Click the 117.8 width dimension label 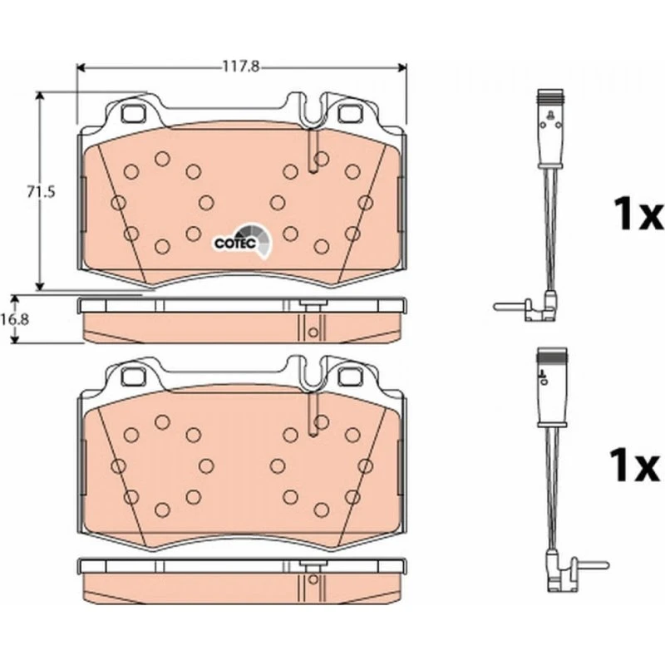pyautogui.click(x=241, y=67)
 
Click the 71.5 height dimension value pyautogui.click(x=41, y=192)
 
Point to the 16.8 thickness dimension pyautogui.click(x=15, y=319)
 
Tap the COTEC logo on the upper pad pyautogui.click(x=242, y=241)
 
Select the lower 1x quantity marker pyautogui.click(x=634, y=465)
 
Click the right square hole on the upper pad pyautogui.click(x=351, y=113)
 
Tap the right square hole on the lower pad pyautogui.click(x=351, y=377)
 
